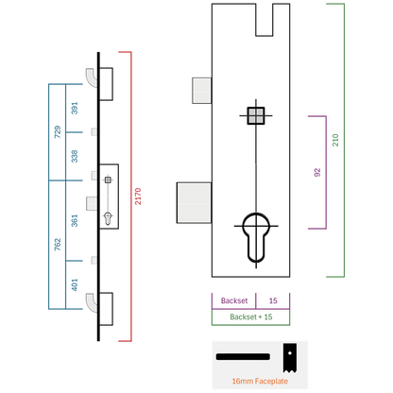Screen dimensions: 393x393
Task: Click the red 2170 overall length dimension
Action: click(x=138, y=196)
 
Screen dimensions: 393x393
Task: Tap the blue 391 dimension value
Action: click(x=75, y=108)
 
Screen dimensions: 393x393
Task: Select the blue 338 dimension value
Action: click(x=75, y=156)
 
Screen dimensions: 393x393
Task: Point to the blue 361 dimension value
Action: click(x=75, y=220)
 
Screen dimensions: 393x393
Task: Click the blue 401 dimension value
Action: click(x=75, y=284)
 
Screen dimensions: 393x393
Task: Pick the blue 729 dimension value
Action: click(x=58, y=132)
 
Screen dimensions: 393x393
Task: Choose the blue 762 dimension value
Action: click(x=58, y=245)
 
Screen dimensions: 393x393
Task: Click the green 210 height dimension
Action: click(x=335, y=140)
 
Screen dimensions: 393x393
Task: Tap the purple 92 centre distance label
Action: click(x=317, y=172)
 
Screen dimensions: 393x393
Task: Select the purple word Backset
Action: click(x=234, y=300)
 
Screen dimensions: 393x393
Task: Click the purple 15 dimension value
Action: click(x=273, y=300)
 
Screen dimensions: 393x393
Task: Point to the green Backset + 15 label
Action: click(x=251, y=316)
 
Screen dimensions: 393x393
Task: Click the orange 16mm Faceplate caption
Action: click(x=260, y=381)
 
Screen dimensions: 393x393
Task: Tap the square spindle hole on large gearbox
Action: click(x=256, y=115)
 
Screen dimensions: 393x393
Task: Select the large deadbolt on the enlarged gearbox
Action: click(x=194, y=203)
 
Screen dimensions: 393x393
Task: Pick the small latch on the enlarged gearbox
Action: click(x=201, y=91)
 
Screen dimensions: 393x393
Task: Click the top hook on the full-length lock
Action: click(x=92, y=77)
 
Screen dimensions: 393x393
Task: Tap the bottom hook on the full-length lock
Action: click(x=92, y=302)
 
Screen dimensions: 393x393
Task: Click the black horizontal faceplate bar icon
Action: click(x=243, y=356)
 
